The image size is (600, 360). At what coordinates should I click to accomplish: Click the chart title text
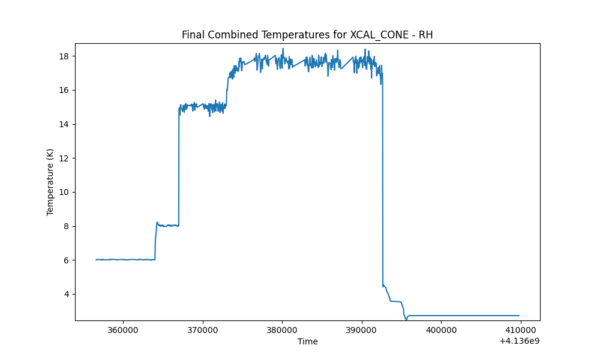[x=307, y=35]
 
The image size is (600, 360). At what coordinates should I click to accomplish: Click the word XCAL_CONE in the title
[x=374, y=35]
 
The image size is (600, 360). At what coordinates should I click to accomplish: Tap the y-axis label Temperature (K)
[x=50, y=182]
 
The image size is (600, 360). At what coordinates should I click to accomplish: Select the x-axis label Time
[x=308, y=341]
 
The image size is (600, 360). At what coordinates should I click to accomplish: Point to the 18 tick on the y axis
[x=64, y=56]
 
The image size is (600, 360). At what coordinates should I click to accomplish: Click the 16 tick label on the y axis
[x=64, y=90]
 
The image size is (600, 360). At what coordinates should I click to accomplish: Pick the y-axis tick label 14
[x=64, y=124]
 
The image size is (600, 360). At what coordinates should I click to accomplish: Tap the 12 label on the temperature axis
[x=64, y=158]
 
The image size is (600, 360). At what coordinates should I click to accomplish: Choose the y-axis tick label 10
[x=64, y=192]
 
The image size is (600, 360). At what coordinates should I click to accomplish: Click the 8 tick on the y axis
[x=67, y=226]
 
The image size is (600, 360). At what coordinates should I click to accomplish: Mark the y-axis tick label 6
[x=67, y=260]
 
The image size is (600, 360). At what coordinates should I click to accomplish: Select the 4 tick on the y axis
[x=67, y=294]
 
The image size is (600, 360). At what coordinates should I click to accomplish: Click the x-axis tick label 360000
[x=123, y=330]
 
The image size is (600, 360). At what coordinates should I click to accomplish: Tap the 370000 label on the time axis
[x=203, y=330]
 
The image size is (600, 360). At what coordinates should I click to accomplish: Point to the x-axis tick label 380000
[x=282, y=330]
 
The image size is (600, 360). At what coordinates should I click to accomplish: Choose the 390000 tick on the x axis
[x=362, y=330]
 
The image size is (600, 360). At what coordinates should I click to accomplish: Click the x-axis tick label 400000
[x=441, y=330]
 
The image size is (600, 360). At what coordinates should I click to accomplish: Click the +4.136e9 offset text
[x=519, y=340]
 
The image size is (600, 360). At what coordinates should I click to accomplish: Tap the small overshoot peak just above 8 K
[x=157, y=222]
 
